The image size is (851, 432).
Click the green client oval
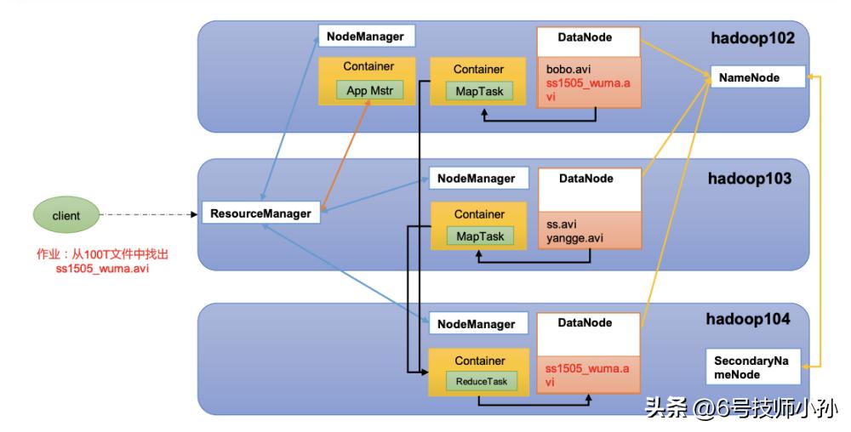(x=66, y=215)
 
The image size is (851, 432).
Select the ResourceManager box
(x=260, y=213)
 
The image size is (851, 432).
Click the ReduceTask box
(x=481, y=382)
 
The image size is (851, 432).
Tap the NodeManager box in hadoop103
(x=476, y=179)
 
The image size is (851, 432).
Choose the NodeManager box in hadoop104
(x=476, y=324)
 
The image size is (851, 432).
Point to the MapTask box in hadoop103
(x=480, y=236)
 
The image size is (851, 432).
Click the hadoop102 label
(x=751, y=38)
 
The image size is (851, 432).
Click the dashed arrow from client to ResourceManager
(x=149, y=214)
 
